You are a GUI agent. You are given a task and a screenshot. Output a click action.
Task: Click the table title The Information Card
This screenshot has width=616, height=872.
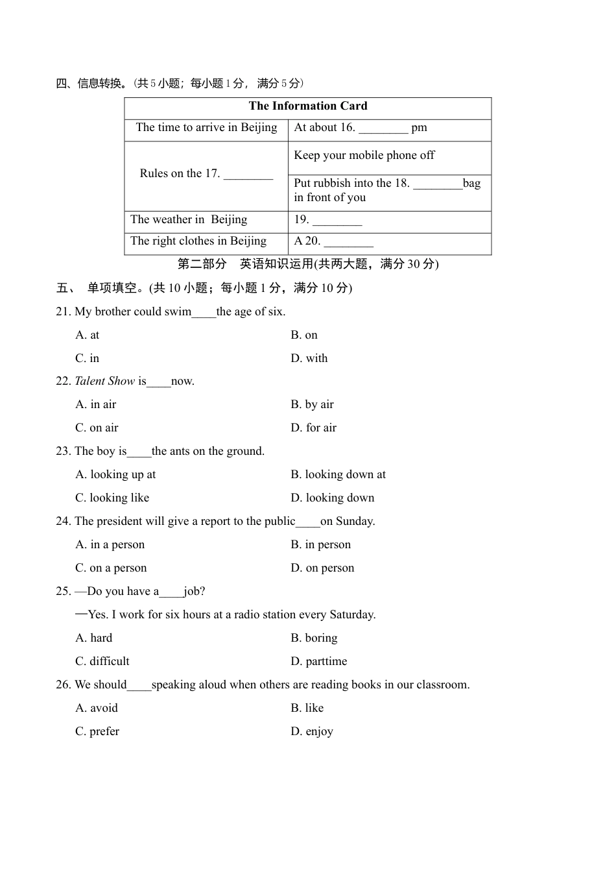click(x=307, y=106)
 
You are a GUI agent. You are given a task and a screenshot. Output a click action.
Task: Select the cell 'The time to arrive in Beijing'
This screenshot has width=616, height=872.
click(x=206, y=128)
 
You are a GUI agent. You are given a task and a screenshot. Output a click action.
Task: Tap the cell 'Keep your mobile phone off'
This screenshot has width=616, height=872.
click(x=364, y=156)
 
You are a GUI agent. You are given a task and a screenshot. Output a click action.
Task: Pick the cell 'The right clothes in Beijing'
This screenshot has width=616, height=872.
click(x=198, y=241)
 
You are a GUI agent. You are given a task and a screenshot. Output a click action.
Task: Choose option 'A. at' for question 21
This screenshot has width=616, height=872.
click(x=88, y=335)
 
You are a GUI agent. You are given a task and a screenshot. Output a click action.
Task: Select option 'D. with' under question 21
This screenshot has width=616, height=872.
click(x=309, y=359)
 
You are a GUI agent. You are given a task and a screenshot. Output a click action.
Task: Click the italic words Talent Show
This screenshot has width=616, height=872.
click(x=105, y=381)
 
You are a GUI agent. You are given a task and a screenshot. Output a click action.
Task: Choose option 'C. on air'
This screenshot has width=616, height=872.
click(x=97, y=428)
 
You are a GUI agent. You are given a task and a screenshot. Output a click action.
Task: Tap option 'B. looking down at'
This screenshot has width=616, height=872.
click(x=338, y=475)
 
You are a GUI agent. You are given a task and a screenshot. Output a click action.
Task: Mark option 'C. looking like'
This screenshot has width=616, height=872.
click(x=112, y=498)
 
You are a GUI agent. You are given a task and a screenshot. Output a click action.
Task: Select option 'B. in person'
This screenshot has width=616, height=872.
click(x=320, y=545)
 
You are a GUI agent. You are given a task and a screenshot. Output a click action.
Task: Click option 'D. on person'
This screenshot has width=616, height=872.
click(x=322, y=568)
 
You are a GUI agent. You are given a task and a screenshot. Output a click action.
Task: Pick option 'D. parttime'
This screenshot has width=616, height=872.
click(x=318, y=662)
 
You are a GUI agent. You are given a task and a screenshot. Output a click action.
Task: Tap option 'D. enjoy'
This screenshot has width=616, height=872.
click(x=311, y=732)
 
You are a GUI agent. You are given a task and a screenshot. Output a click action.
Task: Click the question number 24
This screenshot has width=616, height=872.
click(x=63, y=522)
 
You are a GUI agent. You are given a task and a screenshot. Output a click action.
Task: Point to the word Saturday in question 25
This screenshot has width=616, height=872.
click(x=351, y=615)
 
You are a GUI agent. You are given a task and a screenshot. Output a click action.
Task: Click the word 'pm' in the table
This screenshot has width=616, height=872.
click(x=419, y=128)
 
